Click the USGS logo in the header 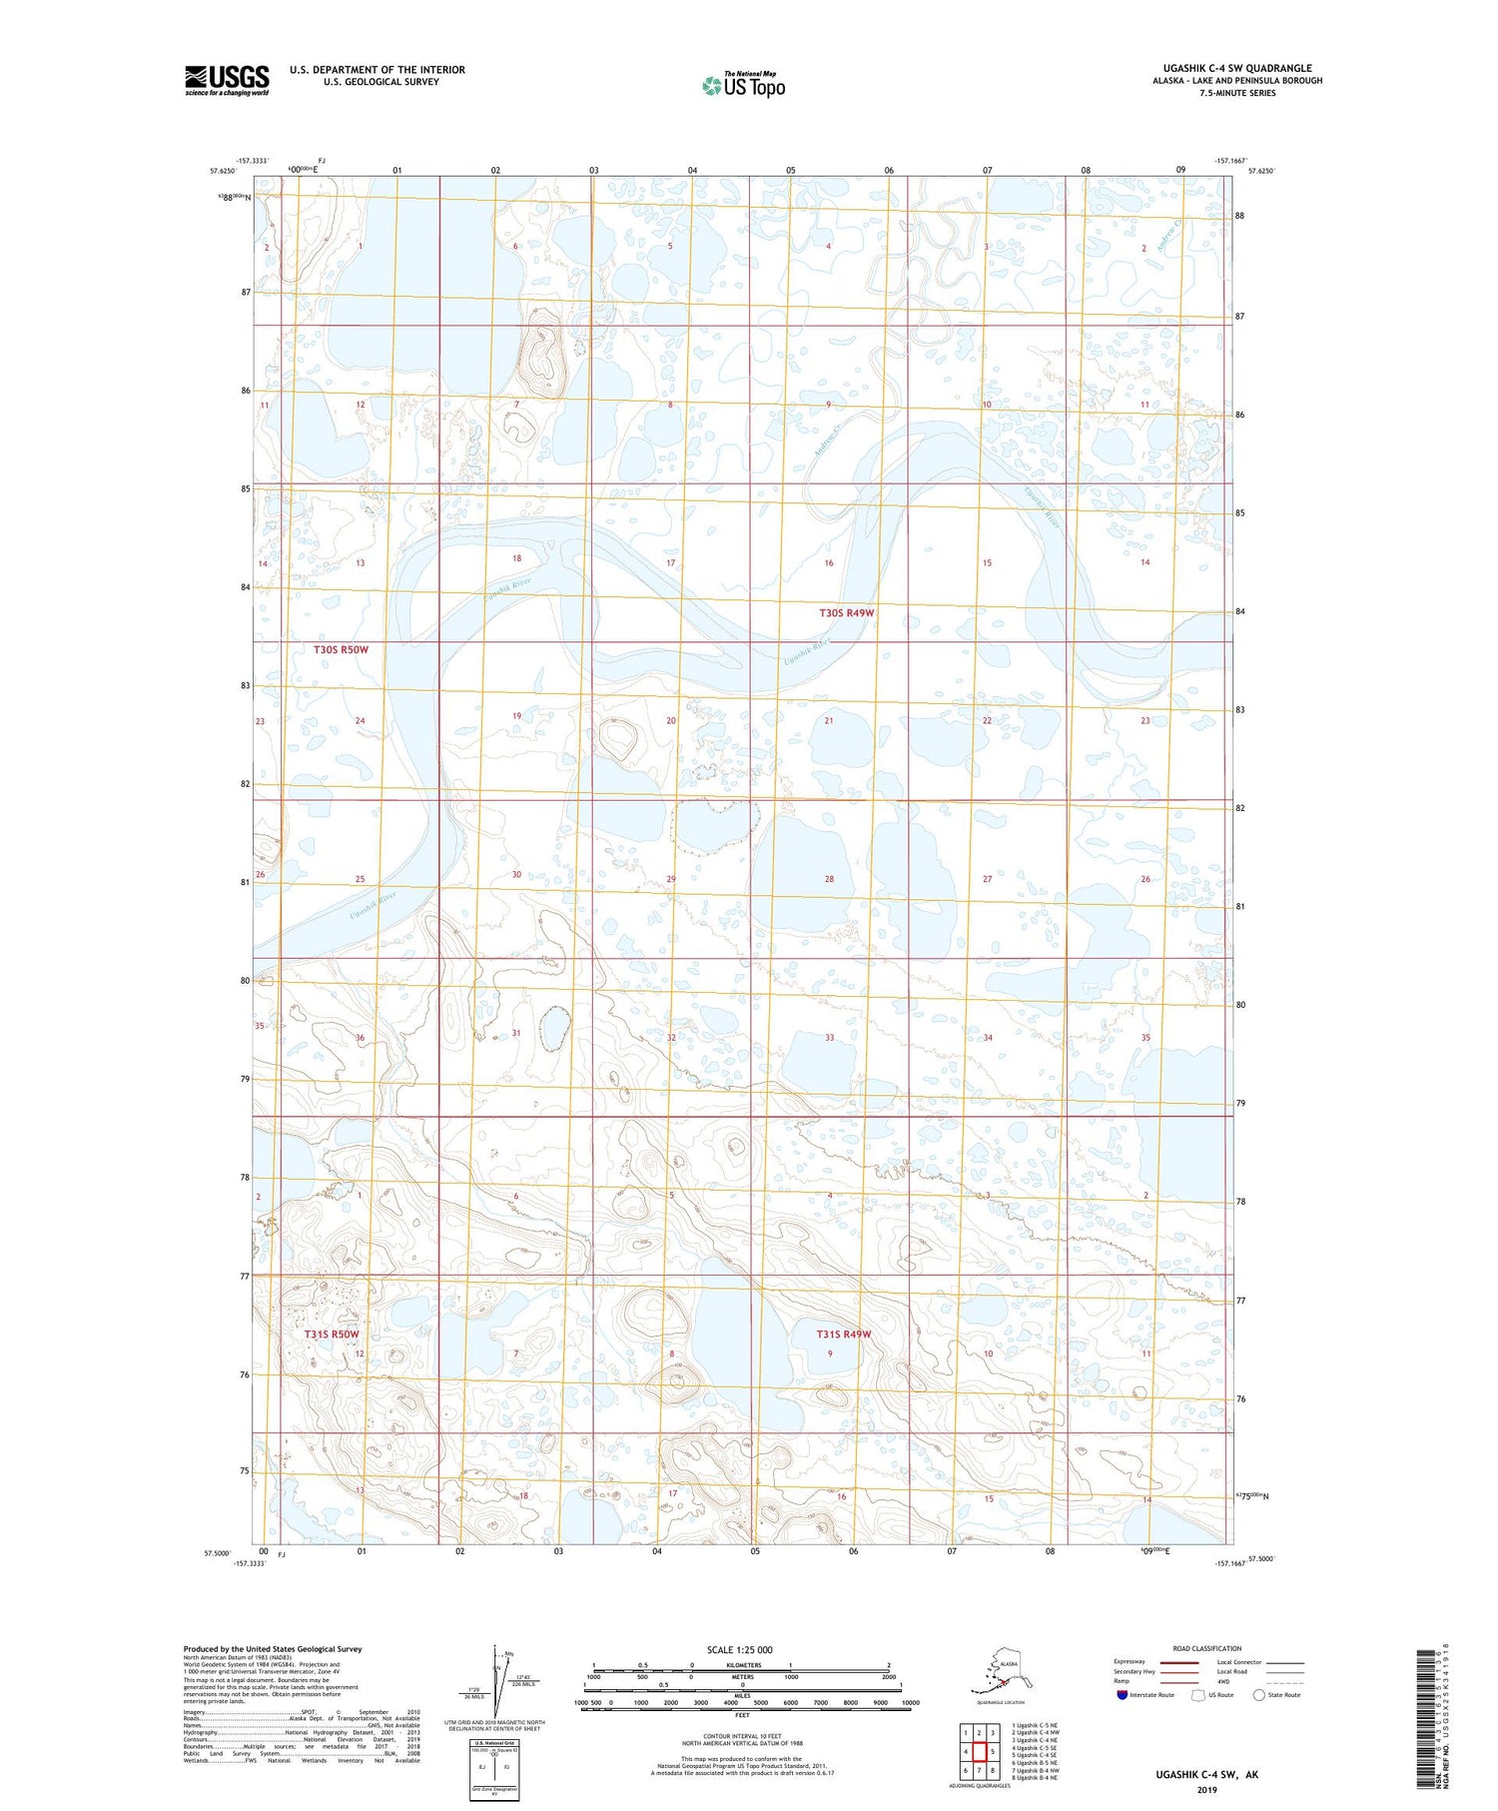click(x=227, y=80)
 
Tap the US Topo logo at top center click(x=743, y=84)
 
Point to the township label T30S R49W click(x=846, y=612)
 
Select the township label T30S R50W click(x=341, y=649)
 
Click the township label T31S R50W click(x=332, y=1335)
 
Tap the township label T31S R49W click(x=844, y=1335)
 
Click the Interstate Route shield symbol click(x=1123, y=1695)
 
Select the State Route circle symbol click(x=1259, y=1695)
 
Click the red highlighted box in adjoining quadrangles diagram click(x=980, y=1751)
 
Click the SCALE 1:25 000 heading click(x=739, y=1649)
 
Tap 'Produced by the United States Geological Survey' click(x=272, y=1649)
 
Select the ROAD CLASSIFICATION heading click(x=1206, y=1648)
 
